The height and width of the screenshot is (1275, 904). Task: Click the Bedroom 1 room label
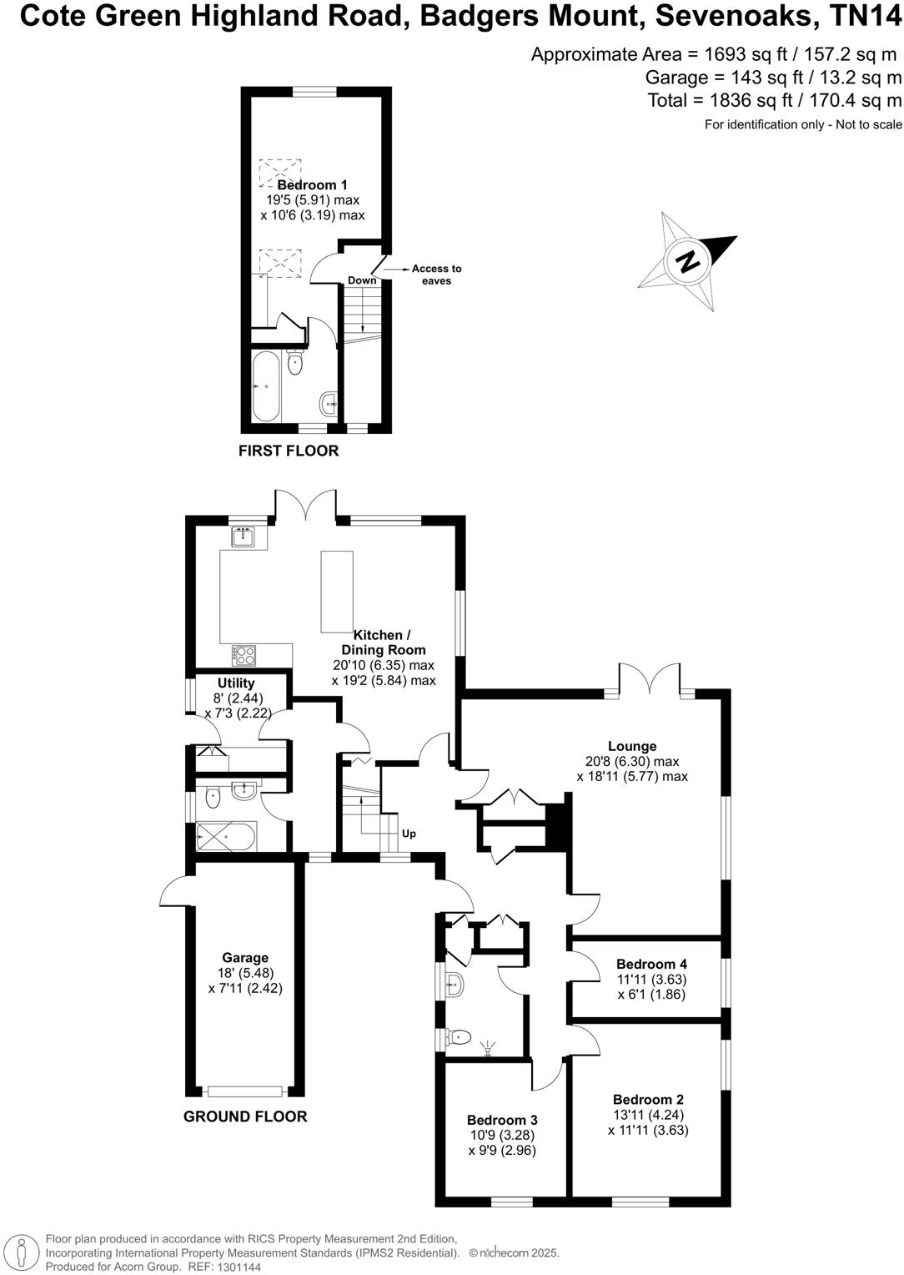coord(312,185)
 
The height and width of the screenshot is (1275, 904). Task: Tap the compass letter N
coord(689,262)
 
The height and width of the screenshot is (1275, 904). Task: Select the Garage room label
coord(245,958)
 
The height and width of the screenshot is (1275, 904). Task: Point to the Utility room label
coord(236,683)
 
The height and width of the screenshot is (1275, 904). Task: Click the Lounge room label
coord(632,747)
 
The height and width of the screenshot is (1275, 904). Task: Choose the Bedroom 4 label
coord(651,965)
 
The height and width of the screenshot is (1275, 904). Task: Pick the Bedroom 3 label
coord(502,1120)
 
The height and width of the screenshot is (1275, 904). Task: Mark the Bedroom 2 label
coord(648,1100)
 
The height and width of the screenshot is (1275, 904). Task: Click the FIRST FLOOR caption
coord(289,451)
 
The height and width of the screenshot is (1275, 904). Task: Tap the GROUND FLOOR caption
coord(245,1116)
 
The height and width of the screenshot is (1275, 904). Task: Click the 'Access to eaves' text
coord(436,275)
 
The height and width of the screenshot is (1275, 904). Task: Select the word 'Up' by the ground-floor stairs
coord(409,834)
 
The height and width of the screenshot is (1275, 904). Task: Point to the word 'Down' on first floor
coord(362,280)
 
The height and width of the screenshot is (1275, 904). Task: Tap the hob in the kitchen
coord(245,656)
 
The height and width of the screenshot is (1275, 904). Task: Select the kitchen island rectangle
coord(336,592)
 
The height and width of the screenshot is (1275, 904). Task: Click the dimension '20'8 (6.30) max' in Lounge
coord(632,762)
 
